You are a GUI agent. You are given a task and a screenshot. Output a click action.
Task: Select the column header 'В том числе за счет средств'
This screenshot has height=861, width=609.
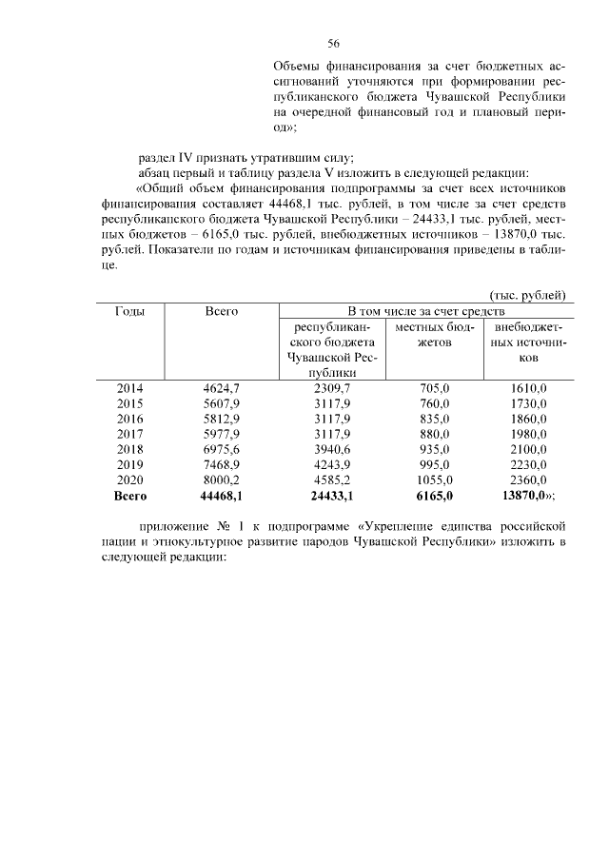tap(425, 311)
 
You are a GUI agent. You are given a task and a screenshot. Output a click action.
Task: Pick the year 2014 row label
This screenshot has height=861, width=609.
tap(128, 387)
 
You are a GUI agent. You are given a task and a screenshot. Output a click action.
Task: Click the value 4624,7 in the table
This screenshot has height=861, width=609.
tap(222, 387)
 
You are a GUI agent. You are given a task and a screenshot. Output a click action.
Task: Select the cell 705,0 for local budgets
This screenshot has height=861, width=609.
tap(434, 387)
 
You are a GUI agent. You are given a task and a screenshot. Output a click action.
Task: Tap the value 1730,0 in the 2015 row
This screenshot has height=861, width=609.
tap(528, 402)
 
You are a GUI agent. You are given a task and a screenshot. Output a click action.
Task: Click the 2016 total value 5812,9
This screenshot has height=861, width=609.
tap(222, 418)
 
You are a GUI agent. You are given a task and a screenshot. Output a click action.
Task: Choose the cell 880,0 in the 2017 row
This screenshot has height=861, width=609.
tap(434, 434)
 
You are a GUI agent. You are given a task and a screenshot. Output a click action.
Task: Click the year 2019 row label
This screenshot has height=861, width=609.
tap(128, 464)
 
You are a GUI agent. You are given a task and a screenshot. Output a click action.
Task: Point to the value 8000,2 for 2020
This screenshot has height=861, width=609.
tap(222, 479)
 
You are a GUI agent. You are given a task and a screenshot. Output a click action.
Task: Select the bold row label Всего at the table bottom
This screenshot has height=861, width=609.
tap(128, 496)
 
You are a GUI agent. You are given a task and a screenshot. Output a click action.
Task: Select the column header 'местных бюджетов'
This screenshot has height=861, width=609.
tap(434, 334)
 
